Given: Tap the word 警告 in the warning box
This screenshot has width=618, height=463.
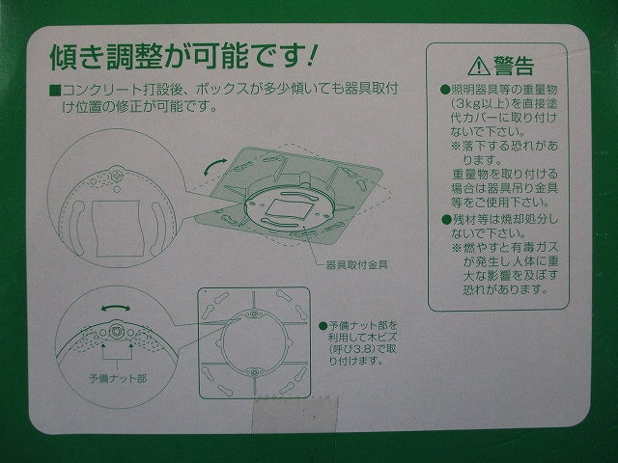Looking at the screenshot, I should [x=513, y=66].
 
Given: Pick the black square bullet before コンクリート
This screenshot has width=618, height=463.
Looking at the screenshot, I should [x=55, y=90].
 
